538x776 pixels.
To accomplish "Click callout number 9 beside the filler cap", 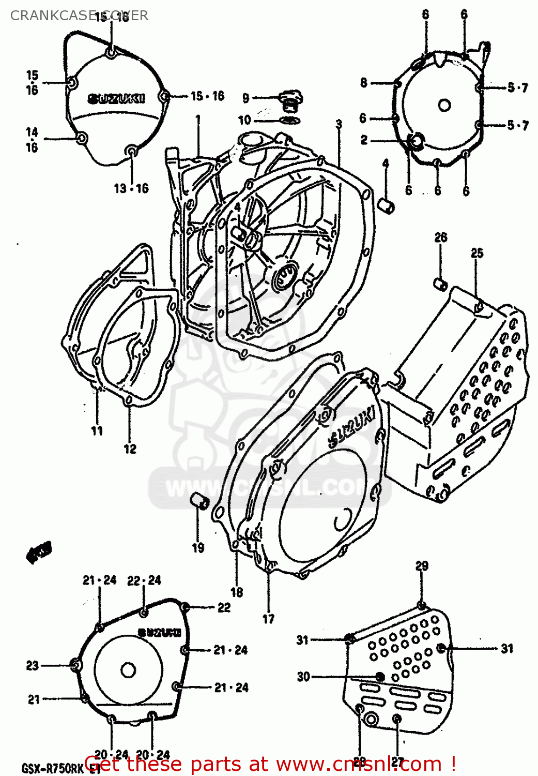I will click(x=246, y=98).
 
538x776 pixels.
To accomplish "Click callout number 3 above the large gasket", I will click(x=339, y=124).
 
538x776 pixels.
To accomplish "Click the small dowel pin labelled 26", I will click(x=440, y=284).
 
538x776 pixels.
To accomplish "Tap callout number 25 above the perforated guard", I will click(x=476, y=253).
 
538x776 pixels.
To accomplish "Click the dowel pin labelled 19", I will click(x=199, y=501).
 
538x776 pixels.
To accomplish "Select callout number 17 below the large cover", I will click(x=269, y=618).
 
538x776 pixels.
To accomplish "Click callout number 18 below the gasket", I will click(x=237, y=592).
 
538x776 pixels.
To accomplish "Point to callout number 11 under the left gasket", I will click(x=97, y=430).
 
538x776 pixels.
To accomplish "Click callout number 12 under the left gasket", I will click(x=130, y=449).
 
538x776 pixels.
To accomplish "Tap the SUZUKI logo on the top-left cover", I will click(x=116, y=98).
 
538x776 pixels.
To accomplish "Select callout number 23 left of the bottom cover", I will click(x=33, y=665).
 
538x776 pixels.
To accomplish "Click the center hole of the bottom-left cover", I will click(x=128, y=670).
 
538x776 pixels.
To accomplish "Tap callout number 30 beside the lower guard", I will click(x=303, y=677).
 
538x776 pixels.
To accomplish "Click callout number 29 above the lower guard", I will click(x=422, y=565).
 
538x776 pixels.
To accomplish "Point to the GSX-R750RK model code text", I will click(x=52, y=768).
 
